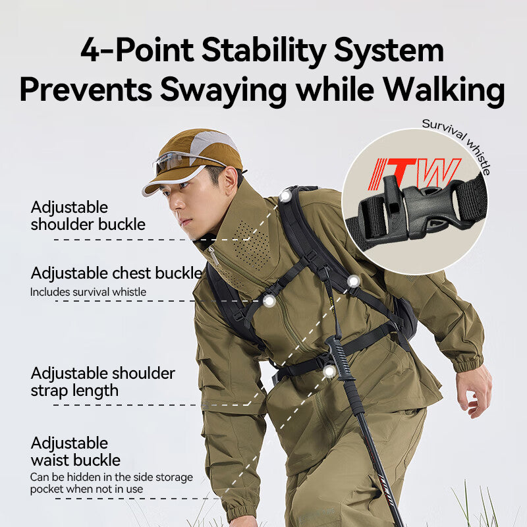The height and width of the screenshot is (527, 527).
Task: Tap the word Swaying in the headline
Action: [223, 90]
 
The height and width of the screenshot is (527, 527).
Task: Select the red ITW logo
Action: [414, 173]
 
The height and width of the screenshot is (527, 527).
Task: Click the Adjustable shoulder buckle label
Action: [88, 216]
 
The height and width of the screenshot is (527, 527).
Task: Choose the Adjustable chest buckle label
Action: [117, 273]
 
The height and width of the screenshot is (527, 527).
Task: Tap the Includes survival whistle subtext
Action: [88, 292]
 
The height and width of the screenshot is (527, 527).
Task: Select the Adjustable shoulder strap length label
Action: [103, 382]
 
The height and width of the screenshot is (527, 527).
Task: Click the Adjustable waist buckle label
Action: [75, 452]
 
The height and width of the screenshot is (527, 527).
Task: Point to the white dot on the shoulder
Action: [285, 196]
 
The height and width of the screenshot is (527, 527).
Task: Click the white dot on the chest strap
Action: [269, 301]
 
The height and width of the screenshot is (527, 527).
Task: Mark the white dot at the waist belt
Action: [329, 372]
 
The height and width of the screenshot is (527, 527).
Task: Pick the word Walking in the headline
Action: [444, 90]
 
